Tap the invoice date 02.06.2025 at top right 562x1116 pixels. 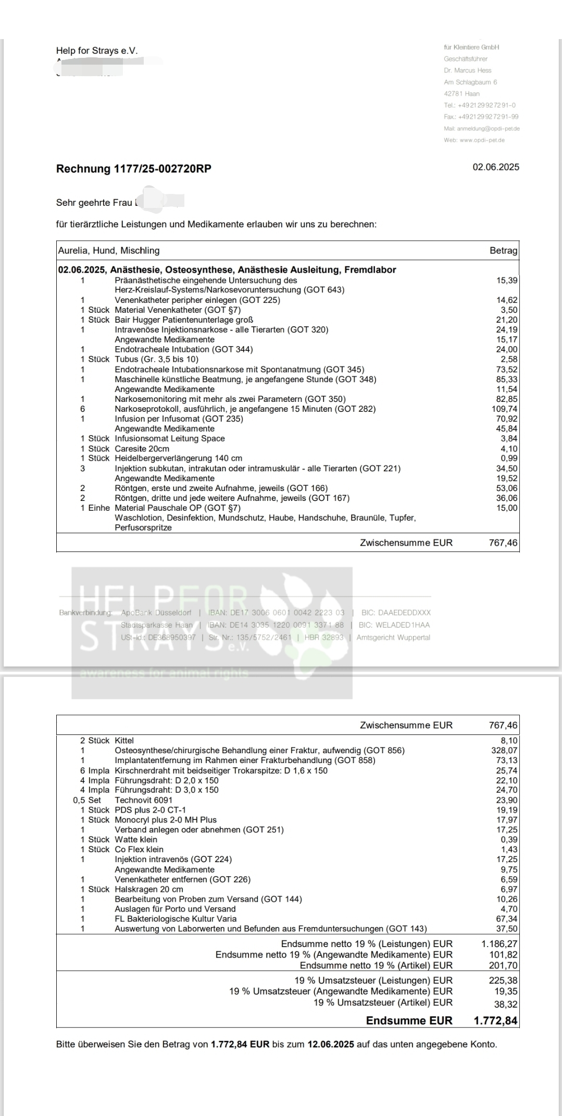pos(495,167)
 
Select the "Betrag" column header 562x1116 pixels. pos(503,251)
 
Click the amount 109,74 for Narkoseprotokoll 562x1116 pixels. pos(504,409)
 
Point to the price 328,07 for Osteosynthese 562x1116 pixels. pos(504,751)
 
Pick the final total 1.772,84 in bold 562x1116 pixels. pos(495,1021)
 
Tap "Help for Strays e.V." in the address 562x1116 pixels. pos(97,51)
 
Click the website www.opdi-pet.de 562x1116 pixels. pos(482,140)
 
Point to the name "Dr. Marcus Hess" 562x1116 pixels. pos(467,70)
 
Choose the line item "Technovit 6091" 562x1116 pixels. pos(143,800)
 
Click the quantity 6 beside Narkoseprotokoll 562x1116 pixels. pos(82,409)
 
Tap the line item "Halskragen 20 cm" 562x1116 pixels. pos(149,889)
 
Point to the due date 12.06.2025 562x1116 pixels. pos(331,1045)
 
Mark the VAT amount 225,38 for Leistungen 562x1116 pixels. pos(503,980)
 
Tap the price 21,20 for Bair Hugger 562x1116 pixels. pos(507,320)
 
